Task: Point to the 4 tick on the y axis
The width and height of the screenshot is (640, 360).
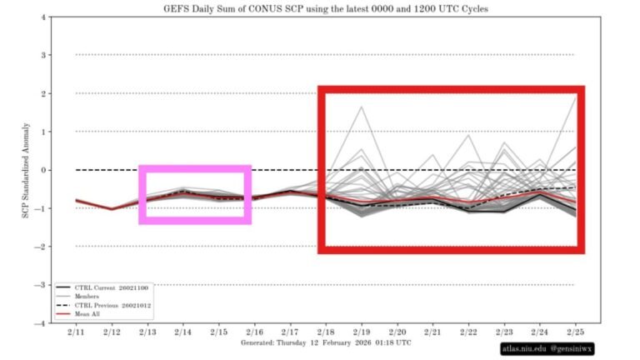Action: click(42, 17)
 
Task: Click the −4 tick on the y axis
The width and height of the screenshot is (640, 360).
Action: click(40, 323)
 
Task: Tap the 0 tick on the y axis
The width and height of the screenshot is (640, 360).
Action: click(42, 170)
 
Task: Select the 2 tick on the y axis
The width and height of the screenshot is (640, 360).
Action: click(42, 93)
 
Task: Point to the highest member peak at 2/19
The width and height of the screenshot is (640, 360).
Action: click(362, 107)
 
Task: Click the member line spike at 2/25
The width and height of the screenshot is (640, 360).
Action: click(576, 97)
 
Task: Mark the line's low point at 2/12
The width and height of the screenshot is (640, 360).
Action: click(112, 209)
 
